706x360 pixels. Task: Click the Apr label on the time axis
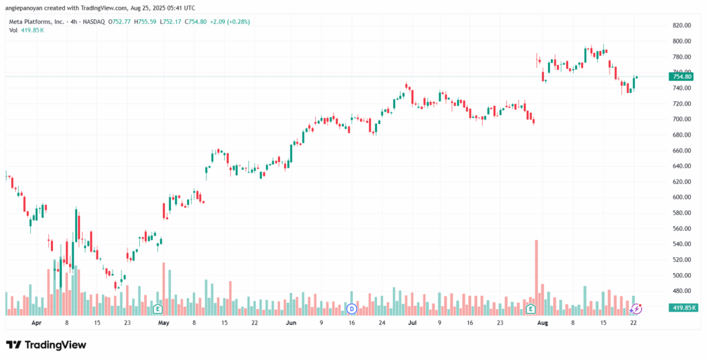36,322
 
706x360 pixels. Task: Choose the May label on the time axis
163,322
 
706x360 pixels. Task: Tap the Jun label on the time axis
291,322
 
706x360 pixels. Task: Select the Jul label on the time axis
412,322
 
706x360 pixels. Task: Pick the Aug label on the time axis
542,322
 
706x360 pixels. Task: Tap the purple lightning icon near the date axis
637,308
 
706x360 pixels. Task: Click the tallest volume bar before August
536,276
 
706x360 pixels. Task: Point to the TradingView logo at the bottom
47,344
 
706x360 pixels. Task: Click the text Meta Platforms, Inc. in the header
35,21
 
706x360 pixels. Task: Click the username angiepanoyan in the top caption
24,8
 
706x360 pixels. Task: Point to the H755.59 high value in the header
145,21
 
